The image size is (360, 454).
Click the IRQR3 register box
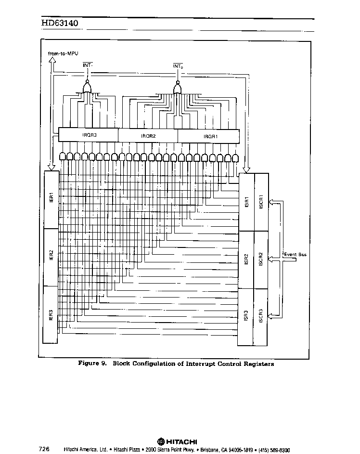[88, 135]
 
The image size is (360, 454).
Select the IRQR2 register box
[148, 136]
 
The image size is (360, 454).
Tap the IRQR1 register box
[209, 136]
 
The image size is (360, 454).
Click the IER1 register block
[51, 199]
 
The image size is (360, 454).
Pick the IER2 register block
[51, 257]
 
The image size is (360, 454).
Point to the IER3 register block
[51, 315]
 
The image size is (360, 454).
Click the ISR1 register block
[246, 202]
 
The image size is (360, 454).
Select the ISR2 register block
[246, 259]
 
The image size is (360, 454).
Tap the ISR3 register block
[245, 317]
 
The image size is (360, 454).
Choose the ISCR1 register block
[261, 202]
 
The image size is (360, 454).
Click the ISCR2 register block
[261, 259]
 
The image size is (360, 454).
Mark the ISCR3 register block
[260, 317]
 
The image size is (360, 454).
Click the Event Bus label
[295, 255]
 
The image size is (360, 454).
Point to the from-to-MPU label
[63, 53]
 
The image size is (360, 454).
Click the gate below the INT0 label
[178, 88]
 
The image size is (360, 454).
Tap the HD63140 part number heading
[60, 23]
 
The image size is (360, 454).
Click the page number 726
[44, 449]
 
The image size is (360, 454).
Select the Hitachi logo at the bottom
[177, 442]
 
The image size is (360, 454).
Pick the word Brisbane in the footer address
[210, 450]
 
